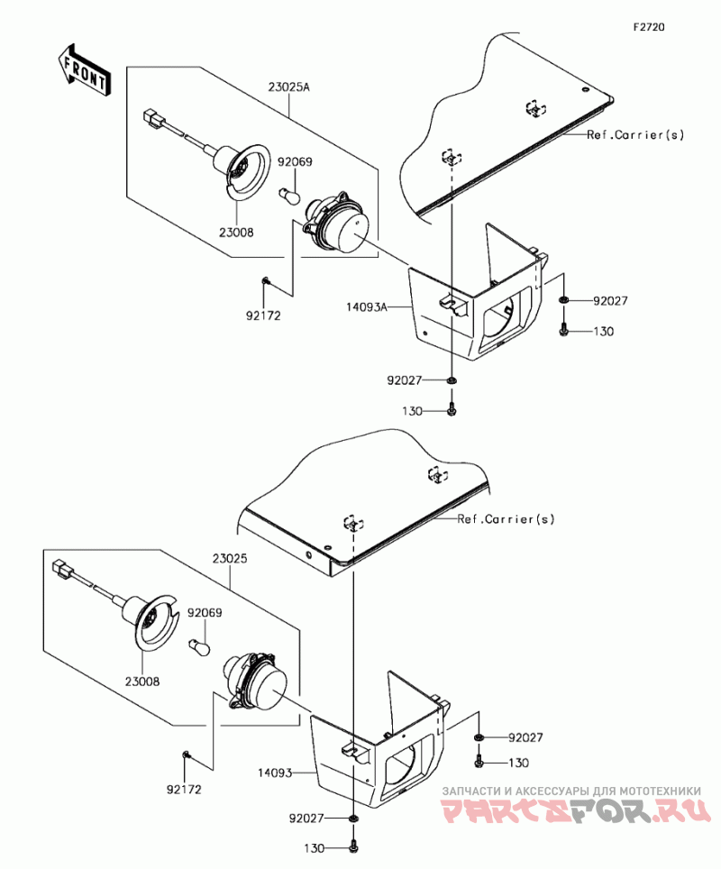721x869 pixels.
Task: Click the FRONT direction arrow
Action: coord(84,70)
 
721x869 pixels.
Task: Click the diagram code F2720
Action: coord(649,27)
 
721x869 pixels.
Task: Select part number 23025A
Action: coord(289,87)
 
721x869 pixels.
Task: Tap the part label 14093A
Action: coord(366,306)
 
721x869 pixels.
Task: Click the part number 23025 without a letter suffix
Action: coord(230,559)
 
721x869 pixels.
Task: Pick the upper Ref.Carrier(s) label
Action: coord(635,134)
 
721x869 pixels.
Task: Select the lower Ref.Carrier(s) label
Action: coord(506,519)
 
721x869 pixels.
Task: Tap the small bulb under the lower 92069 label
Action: coord(201,645)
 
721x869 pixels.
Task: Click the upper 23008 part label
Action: coord(236,233)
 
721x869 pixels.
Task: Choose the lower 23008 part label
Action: coord(141,681)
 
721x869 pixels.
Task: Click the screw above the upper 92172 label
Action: coord(266,281)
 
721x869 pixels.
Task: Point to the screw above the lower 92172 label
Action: coord(187,755)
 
